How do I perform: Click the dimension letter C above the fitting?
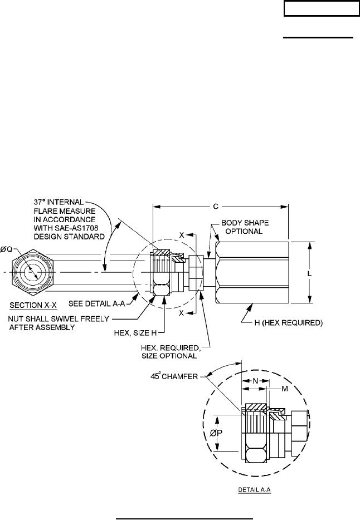coord(216,207)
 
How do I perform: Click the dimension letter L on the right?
coord(309,274)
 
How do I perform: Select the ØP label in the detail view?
coord(216,433)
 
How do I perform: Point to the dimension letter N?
coord(255,381)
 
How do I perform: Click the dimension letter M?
coord(285,389)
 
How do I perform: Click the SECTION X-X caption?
coord(33,305)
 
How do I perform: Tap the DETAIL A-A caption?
coord(255,489)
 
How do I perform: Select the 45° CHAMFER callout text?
coord(174,376)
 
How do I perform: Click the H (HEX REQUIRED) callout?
coord(288,323)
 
